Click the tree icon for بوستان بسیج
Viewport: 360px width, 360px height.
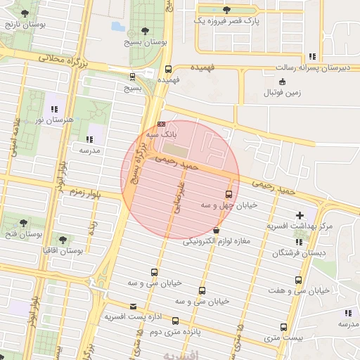point(145,31)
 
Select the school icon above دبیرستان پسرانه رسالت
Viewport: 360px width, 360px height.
point(312,56)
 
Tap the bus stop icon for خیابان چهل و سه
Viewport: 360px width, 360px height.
point(229,194)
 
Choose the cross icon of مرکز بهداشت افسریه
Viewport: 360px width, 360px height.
point(300,214)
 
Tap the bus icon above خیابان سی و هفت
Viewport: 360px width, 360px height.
point(300,279)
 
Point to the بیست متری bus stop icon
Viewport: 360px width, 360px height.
point(283,328)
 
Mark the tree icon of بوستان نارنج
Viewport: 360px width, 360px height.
point(24,14)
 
